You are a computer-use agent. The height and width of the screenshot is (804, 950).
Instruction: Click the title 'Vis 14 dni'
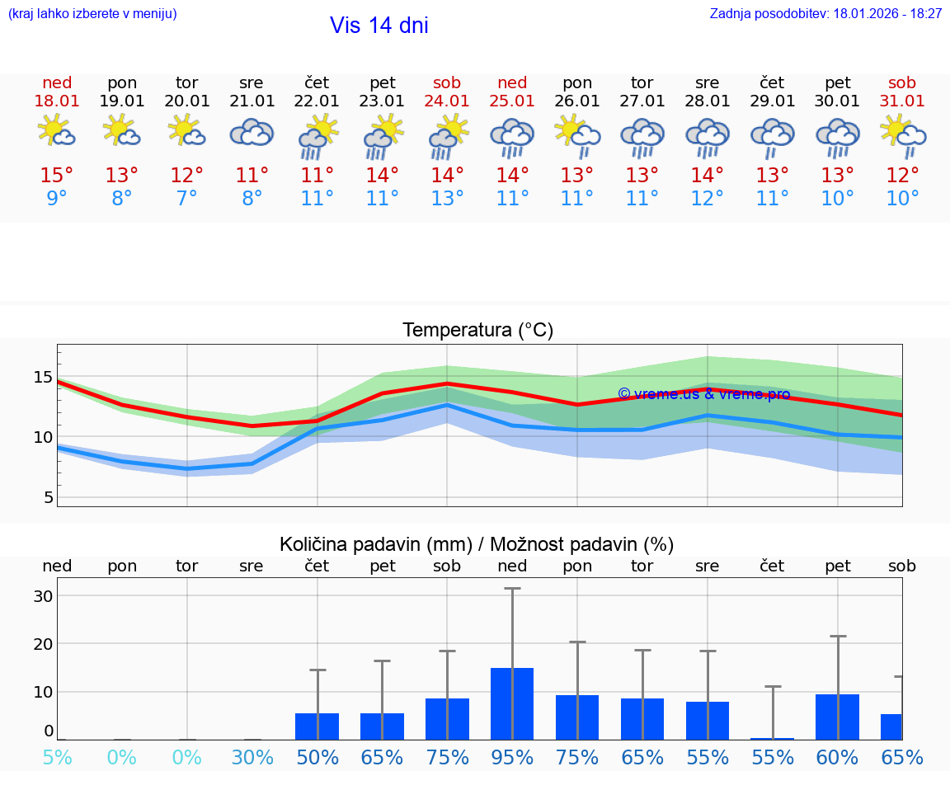379,26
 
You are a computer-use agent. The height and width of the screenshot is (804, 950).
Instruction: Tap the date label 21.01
252,101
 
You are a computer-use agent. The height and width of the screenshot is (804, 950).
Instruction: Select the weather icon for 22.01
317,137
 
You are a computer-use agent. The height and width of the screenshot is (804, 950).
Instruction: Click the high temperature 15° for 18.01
57,176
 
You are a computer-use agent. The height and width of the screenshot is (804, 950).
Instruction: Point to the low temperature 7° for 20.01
187,199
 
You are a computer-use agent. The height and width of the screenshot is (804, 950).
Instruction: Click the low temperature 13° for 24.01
447,199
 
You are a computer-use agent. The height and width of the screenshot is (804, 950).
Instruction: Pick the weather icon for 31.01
902,137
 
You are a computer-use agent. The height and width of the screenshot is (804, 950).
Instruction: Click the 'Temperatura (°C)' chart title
477,331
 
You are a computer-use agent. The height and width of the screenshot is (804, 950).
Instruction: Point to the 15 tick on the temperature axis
43,378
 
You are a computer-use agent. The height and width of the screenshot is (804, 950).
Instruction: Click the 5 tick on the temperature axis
48,497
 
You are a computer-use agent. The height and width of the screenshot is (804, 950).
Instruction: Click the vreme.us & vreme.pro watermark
703,394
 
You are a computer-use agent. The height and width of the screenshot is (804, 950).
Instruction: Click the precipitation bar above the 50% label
317,726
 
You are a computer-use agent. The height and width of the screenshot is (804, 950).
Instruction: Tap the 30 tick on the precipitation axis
43,595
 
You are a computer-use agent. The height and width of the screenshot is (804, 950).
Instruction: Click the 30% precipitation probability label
252,757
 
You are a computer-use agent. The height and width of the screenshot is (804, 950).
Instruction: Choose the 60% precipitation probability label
837,757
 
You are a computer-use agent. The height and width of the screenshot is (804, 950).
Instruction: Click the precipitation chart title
477,544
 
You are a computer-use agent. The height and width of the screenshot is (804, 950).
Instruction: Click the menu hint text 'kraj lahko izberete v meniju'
92,14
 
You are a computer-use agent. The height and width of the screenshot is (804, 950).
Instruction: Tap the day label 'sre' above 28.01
708,82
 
